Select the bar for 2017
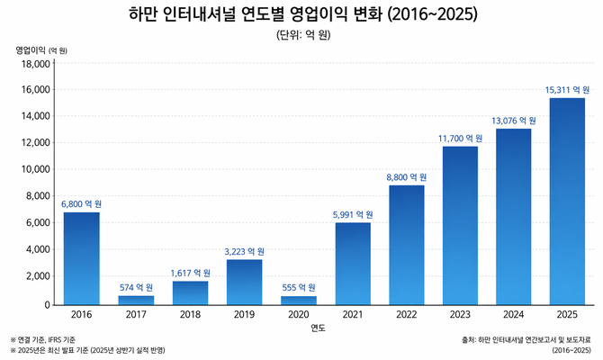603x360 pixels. pos(136,301)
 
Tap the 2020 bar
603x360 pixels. pos(298,301)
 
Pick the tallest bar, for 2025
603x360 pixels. pos(567,202)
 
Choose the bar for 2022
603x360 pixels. pos(406,246)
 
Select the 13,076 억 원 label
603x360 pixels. pos(514,121)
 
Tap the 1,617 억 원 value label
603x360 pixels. pos(189,273)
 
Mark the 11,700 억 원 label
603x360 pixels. pos(459,139)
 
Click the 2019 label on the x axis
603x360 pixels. pos(243,315)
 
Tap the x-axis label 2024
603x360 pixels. pos(514,315)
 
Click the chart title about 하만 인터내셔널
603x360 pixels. pos(302,15)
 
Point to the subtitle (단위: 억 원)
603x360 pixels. pos(302,35)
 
